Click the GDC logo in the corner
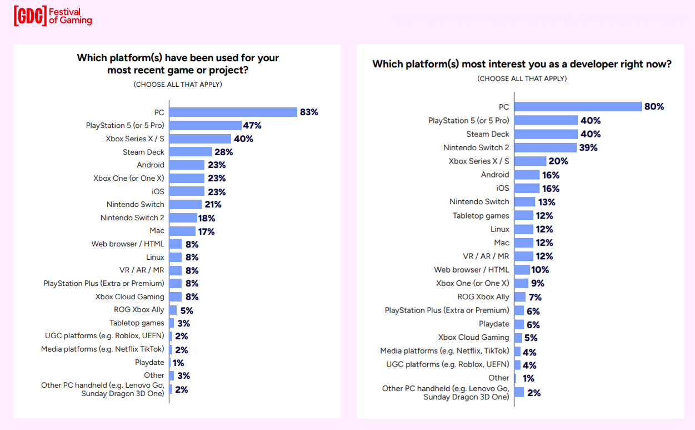click(30, 16)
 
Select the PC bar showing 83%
click(233, 112)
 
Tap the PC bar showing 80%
click(578, 107)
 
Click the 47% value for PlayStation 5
click(252, 125)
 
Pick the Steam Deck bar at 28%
click(191, 152)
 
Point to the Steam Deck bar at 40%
click(546, 134)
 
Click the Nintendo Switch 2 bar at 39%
click(546, 147)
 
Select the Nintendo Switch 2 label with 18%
click(132, 218)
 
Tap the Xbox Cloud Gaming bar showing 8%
click(176, 296)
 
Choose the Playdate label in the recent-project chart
click(149, 362)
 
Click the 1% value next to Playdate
click(178, 363)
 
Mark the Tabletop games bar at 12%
click(524, 215)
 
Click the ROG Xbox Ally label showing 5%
click(139, 309)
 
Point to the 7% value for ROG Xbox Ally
click(535, 297)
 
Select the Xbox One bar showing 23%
click(187, 178)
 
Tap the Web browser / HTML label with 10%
click(471, 269)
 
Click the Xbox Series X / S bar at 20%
click(531, 161)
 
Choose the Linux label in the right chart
click(499, 229)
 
